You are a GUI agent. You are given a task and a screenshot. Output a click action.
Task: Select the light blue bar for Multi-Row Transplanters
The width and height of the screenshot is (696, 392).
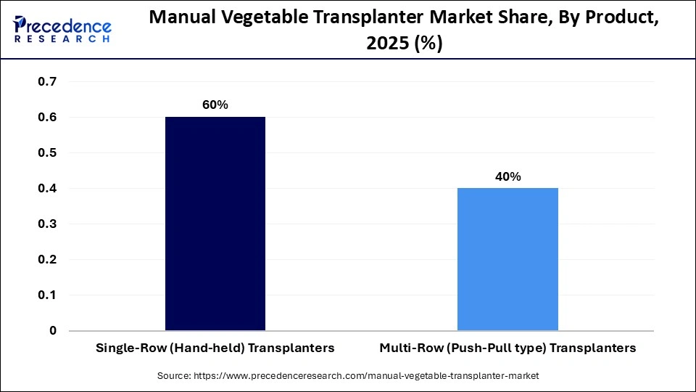pyautogui.click(x=507, y=259)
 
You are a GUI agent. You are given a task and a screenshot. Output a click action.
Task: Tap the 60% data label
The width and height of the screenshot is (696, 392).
pyautogui.click(x=215, y=105)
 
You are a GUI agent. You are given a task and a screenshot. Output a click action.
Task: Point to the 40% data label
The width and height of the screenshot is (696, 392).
pyautogui.click(x=507, y=176)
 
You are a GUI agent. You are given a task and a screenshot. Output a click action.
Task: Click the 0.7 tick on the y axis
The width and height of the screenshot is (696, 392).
pyautogui.click(x=47, y=81)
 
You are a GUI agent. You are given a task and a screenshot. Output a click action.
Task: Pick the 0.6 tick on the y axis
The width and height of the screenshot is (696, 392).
pyautogui.click(x=47, y=117)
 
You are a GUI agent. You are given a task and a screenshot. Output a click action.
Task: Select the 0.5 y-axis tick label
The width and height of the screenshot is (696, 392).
pyautogui.click(x=47, y=152)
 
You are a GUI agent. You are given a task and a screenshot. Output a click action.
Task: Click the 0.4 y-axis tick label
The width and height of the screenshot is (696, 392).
pyautogui.click(x=47, y=188)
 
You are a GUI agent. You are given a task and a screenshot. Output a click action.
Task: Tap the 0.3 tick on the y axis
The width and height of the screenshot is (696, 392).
pyautogui.click(x=47, y=224)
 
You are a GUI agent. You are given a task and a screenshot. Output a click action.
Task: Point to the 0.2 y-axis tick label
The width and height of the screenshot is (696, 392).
pyautogui.click(x=47, y=259)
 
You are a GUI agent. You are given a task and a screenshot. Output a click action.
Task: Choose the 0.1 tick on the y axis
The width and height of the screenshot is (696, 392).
pyautogui.click(x=47, y=295)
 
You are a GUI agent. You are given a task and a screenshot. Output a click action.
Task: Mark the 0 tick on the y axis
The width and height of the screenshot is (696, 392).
pyautogui.click(x=52, y=330)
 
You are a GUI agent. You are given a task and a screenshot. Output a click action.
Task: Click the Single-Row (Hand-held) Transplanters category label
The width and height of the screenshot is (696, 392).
pyautogui.click(x=215, y=348)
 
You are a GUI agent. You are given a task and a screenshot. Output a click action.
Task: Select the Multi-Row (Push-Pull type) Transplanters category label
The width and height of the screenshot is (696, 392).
pyautogui.click(x=507, y=348)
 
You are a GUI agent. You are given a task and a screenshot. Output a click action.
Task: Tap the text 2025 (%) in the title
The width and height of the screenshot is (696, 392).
pyautogui.click(x=403, y=44)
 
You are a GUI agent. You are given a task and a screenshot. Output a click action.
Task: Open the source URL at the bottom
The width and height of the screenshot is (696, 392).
pyautogui.click(x=348, y=376)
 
